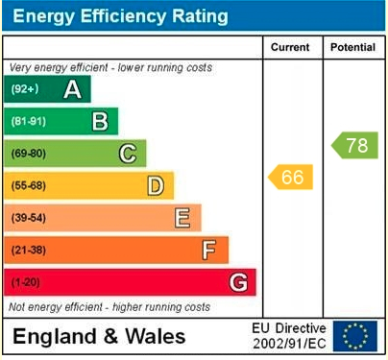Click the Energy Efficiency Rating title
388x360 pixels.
(119, 16)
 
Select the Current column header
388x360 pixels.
(291, 47)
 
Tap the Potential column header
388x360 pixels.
(352, 47)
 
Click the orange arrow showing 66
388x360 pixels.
(291, 178)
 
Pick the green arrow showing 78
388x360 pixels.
(354, 146)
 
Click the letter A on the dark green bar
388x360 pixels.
(71, 89)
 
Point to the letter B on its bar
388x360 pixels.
(99, 121)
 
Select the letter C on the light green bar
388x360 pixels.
(127, 154)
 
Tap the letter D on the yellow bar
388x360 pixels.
(155, 185)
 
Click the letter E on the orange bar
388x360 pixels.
(182, 218)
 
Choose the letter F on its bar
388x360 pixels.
(209, 250)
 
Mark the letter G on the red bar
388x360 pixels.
(237, 282)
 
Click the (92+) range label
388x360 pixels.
(24, 89)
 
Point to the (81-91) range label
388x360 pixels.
(28, 122)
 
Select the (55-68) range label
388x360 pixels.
(28, 186)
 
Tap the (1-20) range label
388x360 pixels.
(25, 282)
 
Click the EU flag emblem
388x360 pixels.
(355, 336)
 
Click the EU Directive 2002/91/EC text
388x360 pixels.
(289, 336)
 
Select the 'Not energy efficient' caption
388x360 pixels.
(109, 307)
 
